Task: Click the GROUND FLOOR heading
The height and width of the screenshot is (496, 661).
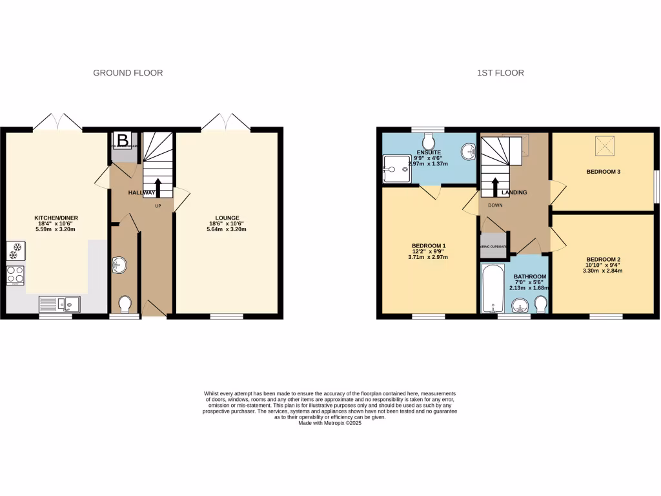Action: click(128, 73)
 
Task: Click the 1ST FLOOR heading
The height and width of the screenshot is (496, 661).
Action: click(500, 73)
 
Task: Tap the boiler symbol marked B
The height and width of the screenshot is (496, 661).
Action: click(123, 139)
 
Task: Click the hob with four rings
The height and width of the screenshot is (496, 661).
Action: click(15, 275)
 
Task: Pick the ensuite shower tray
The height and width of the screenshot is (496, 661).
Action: click(396, 168)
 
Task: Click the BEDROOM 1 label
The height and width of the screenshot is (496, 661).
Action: click(429, 245)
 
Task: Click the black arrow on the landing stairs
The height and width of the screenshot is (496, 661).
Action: click(495, 187)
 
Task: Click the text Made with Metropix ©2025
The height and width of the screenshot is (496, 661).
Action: click(330, 423)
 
